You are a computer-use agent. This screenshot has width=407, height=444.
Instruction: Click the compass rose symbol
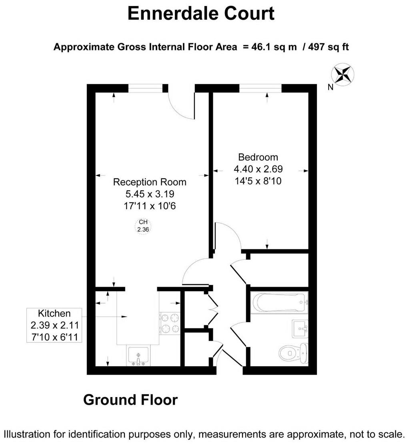tap(343, 75)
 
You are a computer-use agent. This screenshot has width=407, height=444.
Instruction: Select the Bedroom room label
tap(258, 157)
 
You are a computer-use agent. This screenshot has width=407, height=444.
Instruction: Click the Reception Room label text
tap(150, 182)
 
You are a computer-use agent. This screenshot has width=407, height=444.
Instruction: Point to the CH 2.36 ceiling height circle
tap(143, 226)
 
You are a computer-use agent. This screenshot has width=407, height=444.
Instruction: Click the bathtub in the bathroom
tap(279, 303)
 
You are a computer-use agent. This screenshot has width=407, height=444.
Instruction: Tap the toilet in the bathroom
tap(294, 353)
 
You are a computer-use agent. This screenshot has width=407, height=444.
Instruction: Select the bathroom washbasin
tap(301, 329)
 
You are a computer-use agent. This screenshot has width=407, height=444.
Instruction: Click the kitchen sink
tap(138, 356)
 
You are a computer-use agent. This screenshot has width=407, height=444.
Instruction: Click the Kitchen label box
tap(54, 325)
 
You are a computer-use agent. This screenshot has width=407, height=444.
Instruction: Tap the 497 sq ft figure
tap(329, 46)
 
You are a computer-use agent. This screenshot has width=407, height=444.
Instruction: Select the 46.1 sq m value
tap(274, 46)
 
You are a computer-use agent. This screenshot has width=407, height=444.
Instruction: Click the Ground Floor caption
tap(130, 400)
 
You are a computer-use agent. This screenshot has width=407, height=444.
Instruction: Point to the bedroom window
tap(261, 88)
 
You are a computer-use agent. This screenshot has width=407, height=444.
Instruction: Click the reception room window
tap(146, 88)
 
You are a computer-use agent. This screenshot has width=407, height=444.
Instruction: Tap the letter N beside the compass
tap(330, 87)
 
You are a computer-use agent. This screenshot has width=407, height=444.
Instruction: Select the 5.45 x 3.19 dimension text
tap(150, 194)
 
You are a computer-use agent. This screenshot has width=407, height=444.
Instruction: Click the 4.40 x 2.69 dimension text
tap(258, 169)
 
